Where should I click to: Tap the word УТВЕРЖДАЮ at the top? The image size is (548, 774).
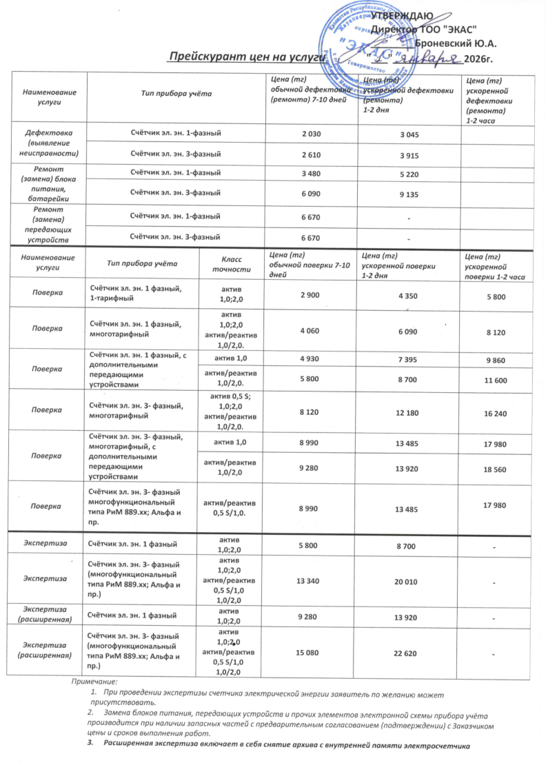(x=402, y=15)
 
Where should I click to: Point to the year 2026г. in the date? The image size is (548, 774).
(x=481, y=58)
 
